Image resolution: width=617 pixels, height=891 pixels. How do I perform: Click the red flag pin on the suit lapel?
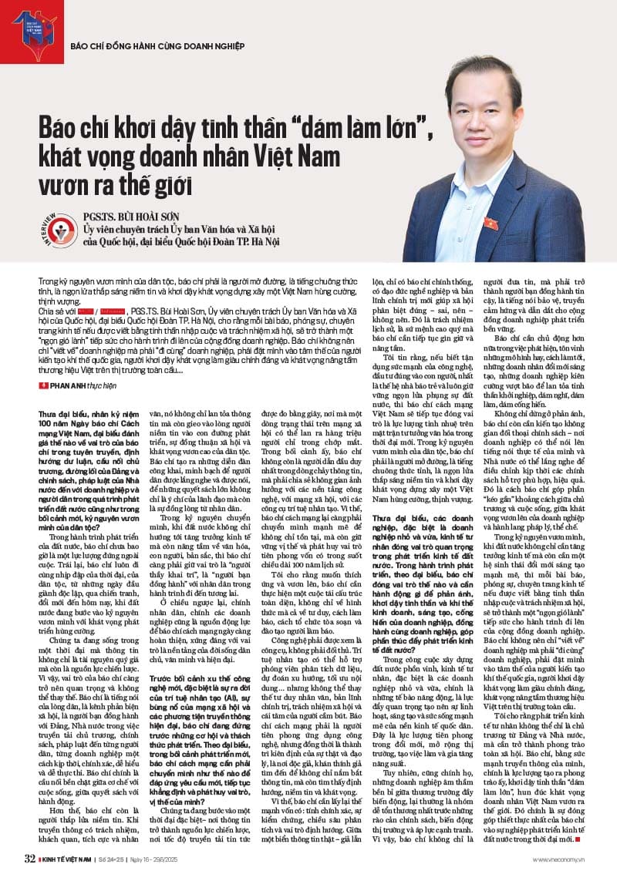tap(491, 224)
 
